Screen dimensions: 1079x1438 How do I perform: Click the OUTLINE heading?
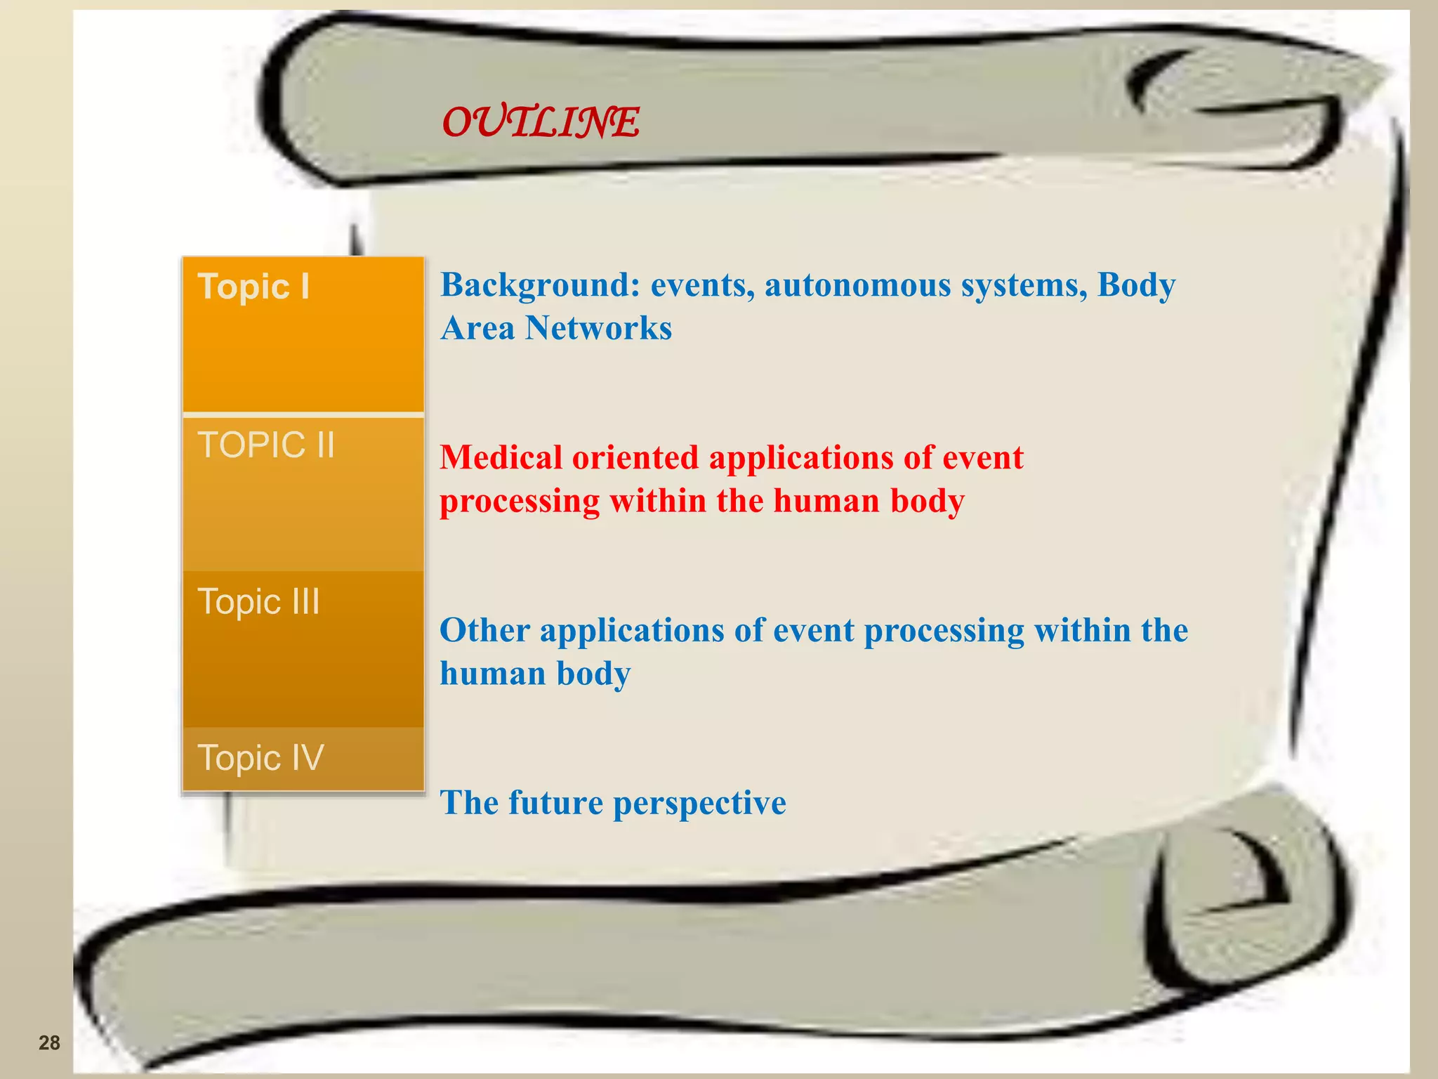click(x=541, y=122)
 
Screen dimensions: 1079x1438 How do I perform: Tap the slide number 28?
click(x=49, y=1042)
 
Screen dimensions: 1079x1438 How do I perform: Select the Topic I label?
click(x=254, y=287)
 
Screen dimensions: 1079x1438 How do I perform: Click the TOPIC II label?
click(x=266, y=445)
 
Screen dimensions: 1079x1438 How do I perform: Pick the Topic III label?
click(x=259, y=602)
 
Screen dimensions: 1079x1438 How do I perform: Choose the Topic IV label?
click(x=261, y=758)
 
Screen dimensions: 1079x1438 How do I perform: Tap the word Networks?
click(x=598, y=328)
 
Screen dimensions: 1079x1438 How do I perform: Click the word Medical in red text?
click(x=501, y=457)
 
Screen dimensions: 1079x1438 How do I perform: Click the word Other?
click(x=484, y=630)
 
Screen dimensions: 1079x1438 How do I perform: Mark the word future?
click(x=556, y=802)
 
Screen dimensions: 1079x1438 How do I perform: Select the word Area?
click(x=477, y=328)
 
